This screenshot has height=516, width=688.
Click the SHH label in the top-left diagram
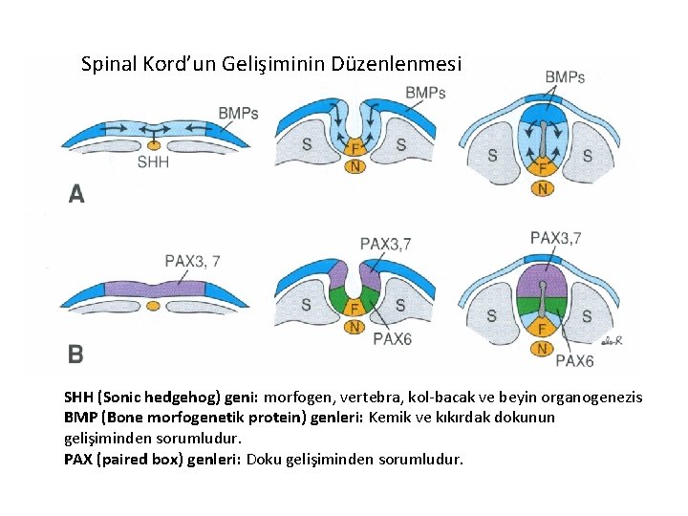[x=153, y=162]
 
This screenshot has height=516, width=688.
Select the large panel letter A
[x=76, y=194]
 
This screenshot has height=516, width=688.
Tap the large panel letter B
[x=75, y=354]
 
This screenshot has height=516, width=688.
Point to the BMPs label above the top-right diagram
[x=565, y=76]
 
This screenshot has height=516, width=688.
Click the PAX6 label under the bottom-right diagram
[x=574, y=360]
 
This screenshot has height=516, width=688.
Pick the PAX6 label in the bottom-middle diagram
[x=392, y=338]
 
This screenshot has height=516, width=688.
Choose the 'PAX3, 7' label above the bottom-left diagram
[x=193, y=260]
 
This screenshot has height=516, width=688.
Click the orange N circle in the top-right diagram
[x=543, y=188]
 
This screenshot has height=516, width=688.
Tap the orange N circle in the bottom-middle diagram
[x=354, y=327]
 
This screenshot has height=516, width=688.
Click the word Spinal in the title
[x=110, y=65]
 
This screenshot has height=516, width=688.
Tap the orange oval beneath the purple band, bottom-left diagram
[x=153, y=306]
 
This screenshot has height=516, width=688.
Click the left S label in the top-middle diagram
[x=306, y=144]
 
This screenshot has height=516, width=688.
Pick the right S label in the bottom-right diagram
[x=587, y=315]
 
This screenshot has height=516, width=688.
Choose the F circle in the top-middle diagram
[x=354, y=148]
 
